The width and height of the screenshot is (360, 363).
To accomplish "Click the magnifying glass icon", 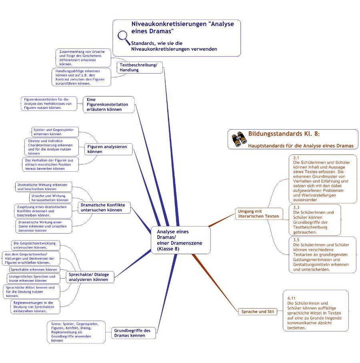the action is pyautogui.click(x=124, y=38).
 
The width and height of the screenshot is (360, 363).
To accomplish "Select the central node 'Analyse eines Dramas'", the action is pyautogui.click(x=181, y=240).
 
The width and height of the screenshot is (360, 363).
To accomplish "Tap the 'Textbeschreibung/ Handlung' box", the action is pyautogui.click(x=140, y=67).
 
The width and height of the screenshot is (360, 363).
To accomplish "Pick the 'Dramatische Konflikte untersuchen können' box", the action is pyautogui.click(x=104, y=207).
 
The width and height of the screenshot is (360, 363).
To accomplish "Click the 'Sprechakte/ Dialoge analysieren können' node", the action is pyautogui.click(x=90, y=277).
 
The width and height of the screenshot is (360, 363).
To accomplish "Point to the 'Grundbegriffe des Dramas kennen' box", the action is pyautogui.click(x=134, y=333).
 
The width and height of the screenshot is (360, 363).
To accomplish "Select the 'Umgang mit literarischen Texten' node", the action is pyautogui.click(x=259, y=214).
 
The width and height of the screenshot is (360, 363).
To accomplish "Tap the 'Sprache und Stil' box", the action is pyautogui.click(x=258, y=312).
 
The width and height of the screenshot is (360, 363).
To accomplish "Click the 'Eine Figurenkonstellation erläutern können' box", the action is pyautogui.click(x=109, y=104).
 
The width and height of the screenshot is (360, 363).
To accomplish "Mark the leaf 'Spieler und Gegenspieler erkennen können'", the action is pyautogui.click(x=55, y=132).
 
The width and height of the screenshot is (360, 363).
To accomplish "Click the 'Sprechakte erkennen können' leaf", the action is pyautogui.click(x=34, y=269).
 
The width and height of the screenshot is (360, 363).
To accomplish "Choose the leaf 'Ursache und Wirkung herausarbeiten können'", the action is pyautogui.click(x=50, y=198).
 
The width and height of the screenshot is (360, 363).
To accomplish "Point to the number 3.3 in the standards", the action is pyautogui.click(x=296, y=207).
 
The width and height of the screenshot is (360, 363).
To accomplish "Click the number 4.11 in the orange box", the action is pyautogui.click(x=291, y=298).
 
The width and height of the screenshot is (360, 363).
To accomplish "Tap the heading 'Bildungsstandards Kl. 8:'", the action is pyautogui.click(x=284, y=134).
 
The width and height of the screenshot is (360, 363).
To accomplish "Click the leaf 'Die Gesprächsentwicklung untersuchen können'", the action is pyautogui.click(x=36, y=245).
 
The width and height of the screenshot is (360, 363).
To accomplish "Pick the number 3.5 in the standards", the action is pyautogui.click(x=296, y=240).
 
